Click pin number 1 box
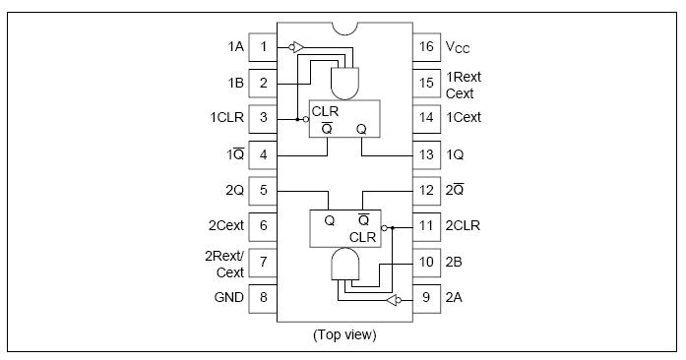[x=263, y=47]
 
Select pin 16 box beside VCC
[x=426, y=47]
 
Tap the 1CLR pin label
[x=227, y=118]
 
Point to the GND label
[x=228, y=297]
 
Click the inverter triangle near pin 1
[x=298, y=47]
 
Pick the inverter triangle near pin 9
[x=391, y=301]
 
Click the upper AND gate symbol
[x=345, y=83]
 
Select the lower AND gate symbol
[x=345, y=264]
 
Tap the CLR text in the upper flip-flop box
[x=325, y=111]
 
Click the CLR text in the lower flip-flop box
[x=363, y=237]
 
